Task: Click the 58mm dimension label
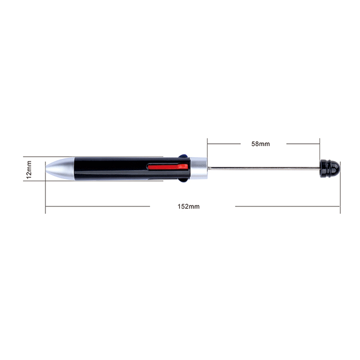click(261, 144)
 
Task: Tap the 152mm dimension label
click(189, 207)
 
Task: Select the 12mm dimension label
click(29, 170)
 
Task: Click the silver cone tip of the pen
click(60, 168)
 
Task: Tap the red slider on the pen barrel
click(168, 166)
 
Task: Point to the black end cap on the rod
click(330, 169)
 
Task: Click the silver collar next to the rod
click(199, 168)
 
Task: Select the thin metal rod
click(264, 168)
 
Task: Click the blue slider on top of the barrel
click(183, 156)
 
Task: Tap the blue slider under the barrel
click(184, 180)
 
